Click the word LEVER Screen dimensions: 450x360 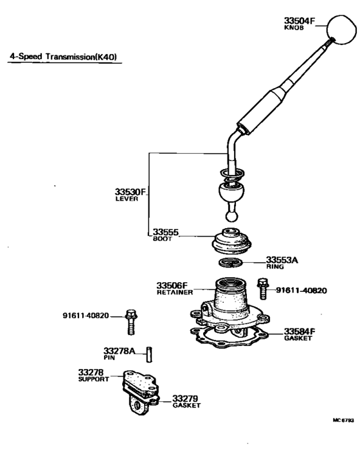coord(127,199)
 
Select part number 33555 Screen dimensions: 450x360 coord(165,232)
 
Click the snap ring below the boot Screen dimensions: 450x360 coord(231,263)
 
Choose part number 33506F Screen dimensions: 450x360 coord(172,285)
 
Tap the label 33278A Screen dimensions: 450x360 coord(120,350)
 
